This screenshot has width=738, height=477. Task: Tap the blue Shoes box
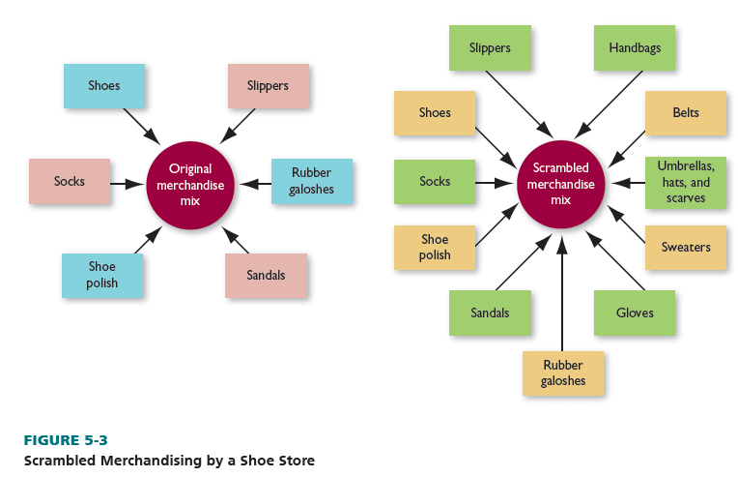104,86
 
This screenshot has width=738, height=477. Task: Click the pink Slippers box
268,86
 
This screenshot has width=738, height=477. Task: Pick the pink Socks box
70,181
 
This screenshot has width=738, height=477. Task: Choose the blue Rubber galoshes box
311,181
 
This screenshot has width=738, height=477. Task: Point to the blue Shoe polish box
102,275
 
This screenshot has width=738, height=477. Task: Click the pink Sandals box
266,276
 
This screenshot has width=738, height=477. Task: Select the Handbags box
635,47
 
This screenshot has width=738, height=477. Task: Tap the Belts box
686,113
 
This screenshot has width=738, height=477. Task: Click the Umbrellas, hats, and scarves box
685,182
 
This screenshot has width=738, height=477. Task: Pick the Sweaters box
686,248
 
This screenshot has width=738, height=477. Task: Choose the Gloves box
635,313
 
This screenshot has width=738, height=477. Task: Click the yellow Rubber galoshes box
563,373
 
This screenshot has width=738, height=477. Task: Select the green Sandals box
490,313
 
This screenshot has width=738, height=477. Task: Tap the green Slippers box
490,47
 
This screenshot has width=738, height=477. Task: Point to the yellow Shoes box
435,113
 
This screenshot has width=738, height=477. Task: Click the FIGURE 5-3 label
66,441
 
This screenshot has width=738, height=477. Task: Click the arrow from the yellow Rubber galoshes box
562,290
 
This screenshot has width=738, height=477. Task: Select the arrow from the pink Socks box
128,182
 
